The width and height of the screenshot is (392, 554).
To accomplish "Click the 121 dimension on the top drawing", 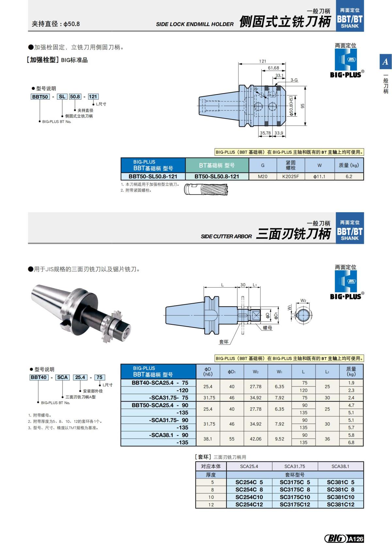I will [263, 61].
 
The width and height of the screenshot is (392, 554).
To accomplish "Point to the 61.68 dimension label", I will [273, 68].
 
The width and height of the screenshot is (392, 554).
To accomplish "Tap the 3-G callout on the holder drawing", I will [294, 80].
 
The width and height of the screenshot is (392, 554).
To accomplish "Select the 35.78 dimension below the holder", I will [265, 133].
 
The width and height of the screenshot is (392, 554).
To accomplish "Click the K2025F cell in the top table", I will [290, 176].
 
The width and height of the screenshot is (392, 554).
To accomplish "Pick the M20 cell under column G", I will [263, 176].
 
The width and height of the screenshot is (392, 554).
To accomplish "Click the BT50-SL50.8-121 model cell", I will [217, 176].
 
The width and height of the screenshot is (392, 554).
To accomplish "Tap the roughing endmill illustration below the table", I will [206, 190].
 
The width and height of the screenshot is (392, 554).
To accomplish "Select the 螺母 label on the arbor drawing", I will [268, 328].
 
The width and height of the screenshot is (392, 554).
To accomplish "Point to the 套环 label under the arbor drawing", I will [224, 342].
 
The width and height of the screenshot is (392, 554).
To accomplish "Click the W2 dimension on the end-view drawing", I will [303, 300].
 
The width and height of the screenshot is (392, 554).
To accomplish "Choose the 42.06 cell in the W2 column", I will [255, 439].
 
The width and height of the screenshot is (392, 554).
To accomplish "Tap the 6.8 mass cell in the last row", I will [351, 443].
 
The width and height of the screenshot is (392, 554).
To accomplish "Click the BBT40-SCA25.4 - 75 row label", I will [160, 383].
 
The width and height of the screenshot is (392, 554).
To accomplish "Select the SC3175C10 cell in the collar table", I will [295, 497].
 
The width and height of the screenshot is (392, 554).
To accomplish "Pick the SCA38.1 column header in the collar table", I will [340, 466].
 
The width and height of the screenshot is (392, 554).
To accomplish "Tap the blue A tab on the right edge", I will [385, 61].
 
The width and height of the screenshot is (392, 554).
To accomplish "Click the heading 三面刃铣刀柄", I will [293, 234].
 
